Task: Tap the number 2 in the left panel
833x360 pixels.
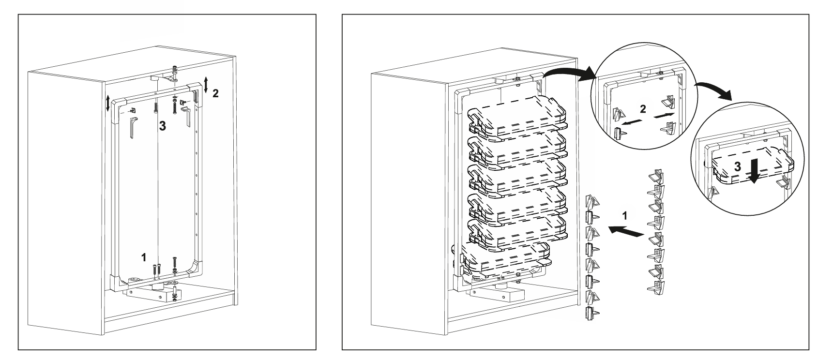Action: click(216, 93)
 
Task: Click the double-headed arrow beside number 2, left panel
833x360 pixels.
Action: click(206, 85)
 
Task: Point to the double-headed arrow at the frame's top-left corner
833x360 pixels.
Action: click(108, 103)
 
